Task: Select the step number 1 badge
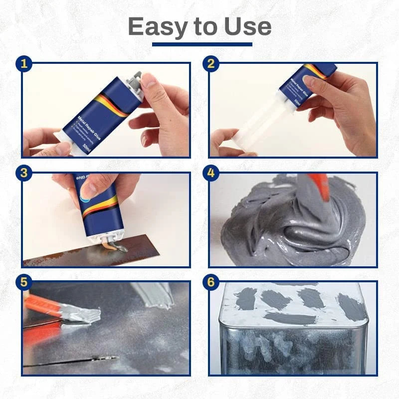pyautogui.click(x=23, y=63)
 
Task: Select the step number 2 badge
pyautogui.click(x=211, y=63)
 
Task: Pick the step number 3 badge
pyautogui.click(x=23, y=173)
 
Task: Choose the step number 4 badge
pyautogui.click(x=211, y=173)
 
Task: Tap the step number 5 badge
pyautogui.click(x=23, y=282)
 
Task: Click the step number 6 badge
pyautogui.click(x=211, y=282)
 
